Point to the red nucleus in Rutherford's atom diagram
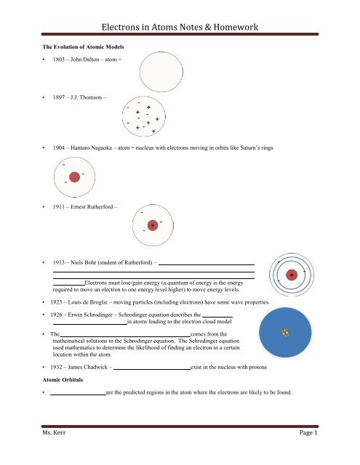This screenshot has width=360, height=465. tap(153, 226)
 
